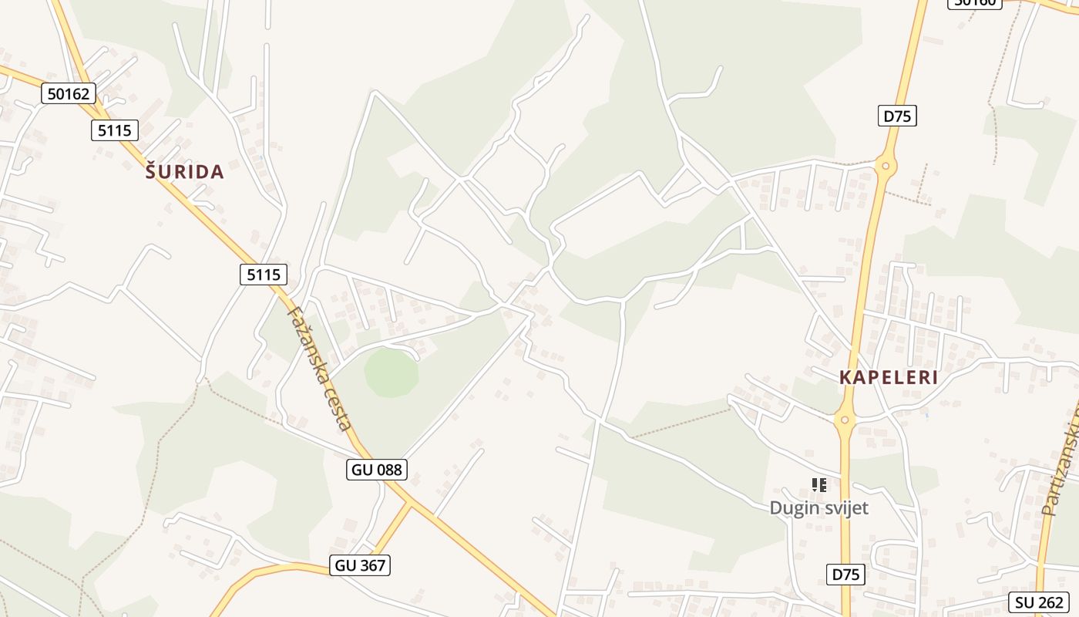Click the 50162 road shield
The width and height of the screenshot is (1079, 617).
click(x=69, y=94)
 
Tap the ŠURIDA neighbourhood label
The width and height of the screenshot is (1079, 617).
click(x=185, y=172)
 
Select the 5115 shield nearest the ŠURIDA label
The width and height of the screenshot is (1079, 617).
click(x=115, y=130)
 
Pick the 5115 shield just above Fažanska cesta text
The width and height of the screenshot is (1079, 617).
click(x=264, y=274)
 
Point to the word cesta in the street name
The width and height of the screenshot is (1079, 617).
click(x=341, y=411)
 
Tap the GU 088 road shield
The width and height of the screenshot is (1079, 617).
click(x=377, y=469)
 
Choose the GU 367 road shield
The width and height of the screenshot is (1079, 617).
click(x=360, y=565)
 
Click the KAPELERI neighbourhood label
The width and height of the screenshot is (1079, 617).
click(x=889, y=378)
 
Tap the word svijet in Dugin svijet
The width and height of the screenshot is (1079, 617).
click(x=845, y=507)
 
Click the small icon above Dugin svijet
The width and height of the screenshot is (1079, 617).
click(x=819, y=485)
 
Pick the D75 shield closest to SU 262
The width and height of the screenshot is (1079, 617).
click(x=846, y=574)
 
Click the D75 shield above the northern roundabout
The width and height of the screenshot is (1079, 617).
click(x=897, y=116)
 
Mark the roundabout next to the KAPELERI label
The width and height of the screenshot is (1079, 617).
click(x=845, y=420)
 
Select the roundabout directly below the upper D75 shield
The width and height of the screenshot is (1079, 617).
click(x=886, y=165)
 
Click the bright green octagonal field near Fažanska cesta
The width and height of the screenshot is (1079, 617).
click(x=392, y=373)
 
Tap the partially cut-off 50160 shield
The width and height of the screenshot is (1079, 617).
click(x=975, y=3)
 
